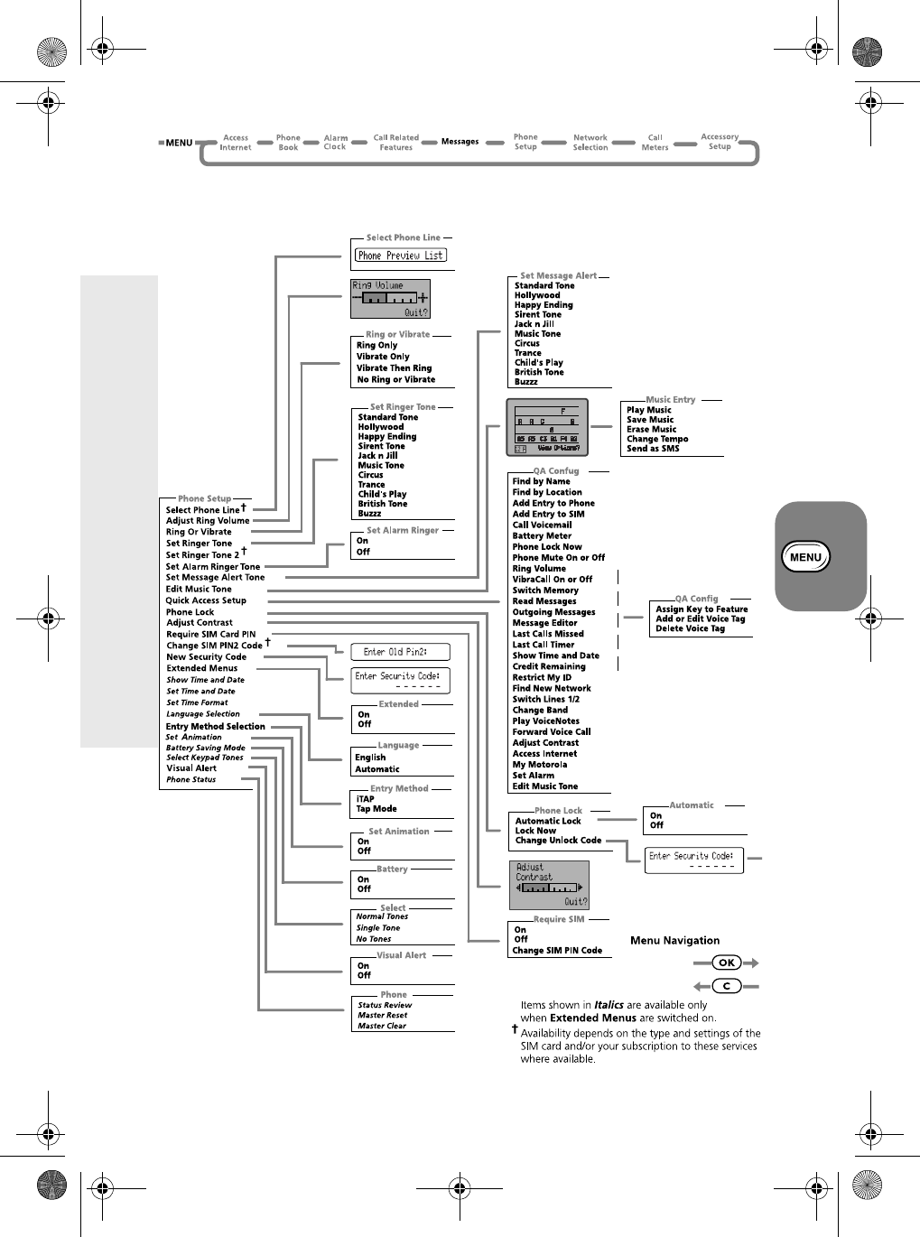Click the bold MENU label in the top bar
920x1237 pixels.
coord(179,143)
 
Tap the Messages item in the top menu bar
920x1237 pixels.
coord(460,142)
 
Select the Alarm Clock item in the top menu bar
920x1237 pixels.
coord(335,143)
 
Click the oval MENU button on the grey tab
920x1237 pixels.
coord(804,557)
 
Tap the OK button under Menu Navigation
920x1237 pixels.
coord(726,963)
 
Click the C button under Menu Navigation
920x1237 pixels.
coord(726,986)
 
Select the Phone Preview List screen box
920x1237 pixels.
coord(401,256)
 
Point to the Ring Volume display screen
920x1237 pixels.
coord(390,299)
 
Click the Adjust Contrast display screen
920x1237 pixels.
coord(549,885)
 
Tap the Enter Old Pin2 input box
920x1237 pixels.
coord(399,652)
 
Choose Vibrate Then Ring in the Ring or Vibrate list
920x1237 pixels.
coord(394,368)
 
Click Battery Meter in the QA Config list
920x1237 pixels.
coord(542,535)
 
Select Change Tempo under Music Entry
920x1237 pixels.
coord(657,439)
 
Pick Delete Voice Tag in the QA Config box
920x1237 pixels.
coord(690,628)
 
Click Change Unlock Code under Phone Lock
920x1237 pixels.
coord(558,841)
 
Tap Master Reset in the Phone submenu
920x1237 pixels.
coord(382,1015)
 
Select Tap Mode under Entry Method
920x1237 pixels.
coord(376,809)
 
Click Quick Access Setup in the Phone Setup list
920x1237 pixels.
coord(206,600)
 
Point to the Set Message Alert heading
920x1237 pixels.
coord(558,276)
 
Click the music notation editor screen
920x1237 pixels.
coord(547,427)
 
